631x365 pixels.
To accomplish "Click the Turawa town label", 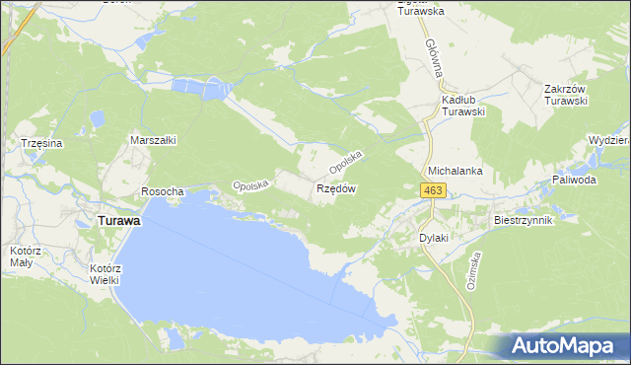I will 117,222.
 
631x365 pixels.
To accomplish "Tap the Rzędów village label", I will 335,188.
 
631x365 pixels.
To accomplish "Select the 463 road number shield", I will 433,189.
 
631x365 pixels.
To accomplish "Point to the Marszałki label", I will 153,140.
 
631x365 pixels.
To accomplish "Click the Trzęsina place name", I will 42,144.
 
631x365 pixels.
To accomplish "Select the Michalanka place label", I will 455,171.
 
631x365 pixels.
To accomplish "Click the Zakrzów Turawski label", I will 566,95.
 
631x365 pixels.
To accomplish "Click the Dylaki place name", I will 434,238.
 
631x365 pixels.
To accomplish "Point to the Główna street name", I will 434,59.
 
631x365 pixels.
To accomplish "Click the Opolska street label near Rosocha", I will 250,184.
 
